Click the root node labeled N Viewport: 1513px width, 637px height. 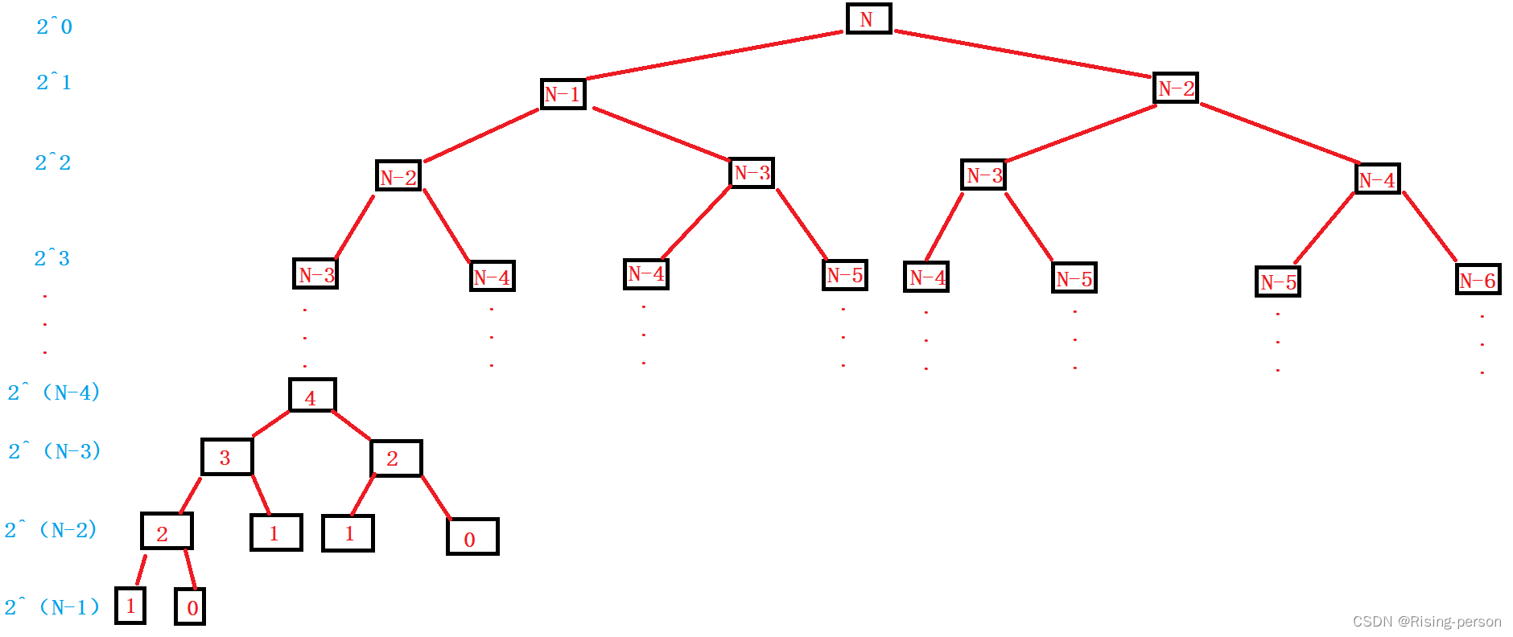[868, 18]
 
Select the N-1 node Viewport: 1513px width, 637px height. [563, 94]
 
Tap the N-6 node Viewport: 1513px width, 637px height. [1478, 280]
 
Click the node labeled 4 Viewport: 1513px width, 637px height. [312, 396]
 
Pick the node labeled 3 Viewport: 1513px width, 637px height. [227, 458]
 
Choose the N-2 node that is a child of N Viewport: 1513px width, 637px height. [1176, 88]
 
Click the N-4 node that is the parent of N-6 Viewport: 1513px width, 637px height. [1377, 179]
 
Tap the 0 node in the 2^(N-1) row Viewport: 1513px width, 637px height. [191, 607]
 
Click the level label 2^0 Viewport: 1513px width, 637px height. [54, 27]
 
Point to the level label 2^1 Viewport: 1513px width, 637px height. [54, 82]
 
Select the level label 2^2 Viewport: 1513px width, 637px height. [53, 162]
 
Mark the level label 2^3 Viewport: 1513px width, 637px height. [52, 258]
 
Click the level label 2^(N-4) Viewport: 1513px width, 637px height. [54, 392]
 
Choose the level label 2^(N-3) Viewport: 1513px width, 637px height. [55, 451]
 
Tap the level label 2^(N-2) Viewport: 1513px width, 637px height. [51, 530]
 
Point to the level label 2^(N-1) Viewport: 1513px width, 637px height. [52, 607]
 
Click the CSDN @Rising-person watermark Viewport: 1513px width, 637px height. [1426, 622]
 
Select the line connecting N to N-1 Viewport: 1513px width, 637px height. [715, 55]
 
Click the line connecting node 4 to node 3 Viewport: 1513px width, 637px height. [271, 424]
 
